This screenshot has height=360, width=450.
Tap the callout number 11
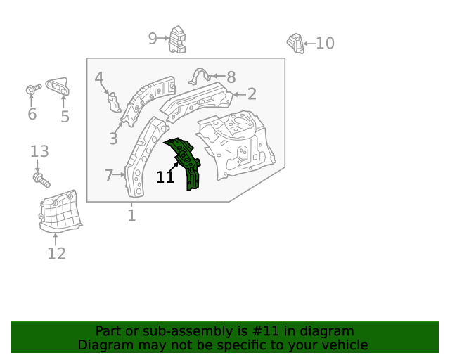[x=165, y=177]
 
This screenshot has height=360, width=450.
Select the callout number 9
[x=153, y=39]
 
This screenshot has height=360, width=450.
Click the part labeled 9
[x=178, y=39]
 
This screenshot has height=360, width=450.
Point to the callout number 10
[x=325, y=44]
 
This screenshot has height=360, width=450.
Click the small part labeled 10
[x=295, y=43]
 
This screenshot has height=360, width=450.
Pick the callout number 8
[x=231, y=77]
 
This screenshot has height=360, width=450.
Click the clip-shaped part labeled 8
[x=202, y=76]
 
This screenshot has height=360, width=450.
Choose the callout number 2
[x=251, y=94]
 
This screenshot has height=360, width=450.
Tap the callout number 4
[x=98, y=78]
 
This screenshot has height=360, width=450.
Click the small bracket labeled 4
[x=113, y=101]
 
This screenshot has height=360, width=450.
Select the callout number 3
[x=113, y=139]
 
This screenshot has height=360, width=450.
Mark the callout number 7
[x=109, y=175]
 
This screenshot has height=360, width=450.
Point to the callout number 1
[x=131, y=214]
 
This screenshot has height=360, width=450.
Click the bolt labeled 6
[x=32, y=90]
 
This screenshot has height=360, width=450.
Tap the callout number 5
[x=65, y=117]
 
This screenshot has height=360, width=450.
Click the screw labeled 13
[x=41, y=179]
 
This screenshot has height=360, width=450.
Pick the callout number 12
[x=56, y=253]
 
